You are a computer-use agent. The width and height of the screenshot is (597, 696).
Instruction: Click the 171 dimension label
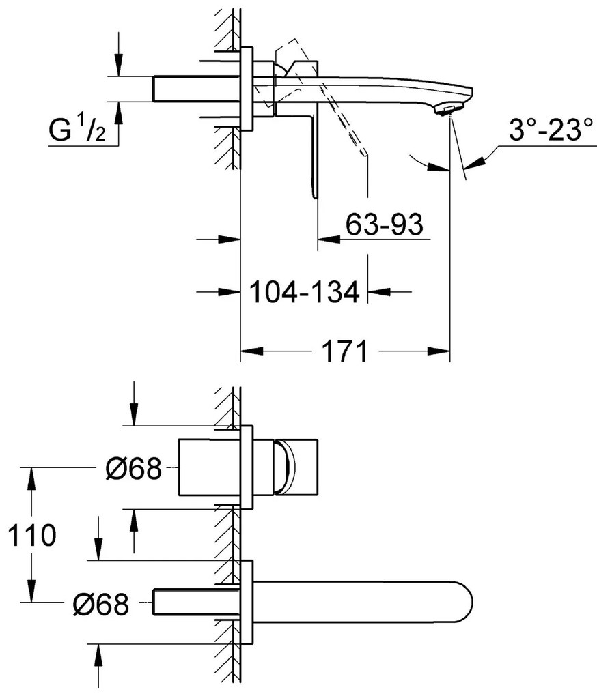[x=345, y=351]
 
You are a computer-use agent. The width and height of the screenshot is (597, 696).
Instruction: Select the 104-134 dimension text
[x=304, y=291]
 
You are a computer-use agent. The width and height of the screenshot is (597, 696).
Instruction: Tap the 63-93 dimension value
[x=385, y=224]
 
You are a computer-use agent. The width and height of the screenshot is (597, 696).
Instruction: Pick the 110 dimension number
[x=32, y=535]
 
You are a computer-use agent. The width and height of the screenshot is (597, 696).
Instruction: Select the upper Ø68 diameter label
[x=134, y=468]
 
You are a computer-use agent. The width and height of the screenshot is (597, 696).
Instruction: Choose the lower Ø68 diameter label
[x=101, y=604]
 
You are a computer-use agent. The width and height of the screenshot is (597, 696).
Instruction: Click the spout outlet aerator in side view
[x=447, y=110]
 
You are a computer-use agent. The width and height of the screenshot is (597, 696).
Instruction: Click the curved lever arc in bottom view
[x=288, y=467]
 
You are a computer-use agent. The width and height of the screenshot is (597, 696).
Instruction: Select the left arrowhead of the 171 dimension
[x=251, y=351]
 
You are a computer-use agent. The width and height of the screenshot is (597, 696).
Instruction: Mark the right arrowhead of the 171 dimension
[x=439, y=351]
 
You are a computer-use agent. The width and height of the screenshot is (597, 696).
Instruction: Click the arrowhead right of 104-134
[x=379, y=291]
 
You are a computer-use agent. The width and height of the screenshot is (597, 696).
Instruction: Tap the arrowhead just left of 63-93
[x=329, y=240]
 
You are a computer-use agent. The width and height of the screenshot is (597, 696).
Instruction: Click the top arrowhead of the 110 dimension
[x=32, y=478]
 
